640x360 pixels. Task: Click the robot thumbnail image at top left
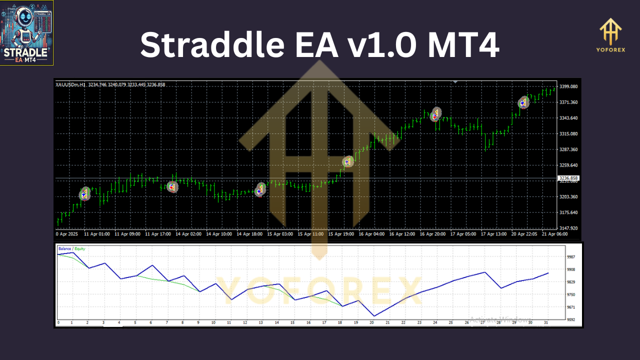point(26,33)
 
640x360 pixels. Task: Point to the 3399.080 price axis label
point(568,86)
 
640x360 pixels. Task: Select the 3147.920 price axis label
point(568,228)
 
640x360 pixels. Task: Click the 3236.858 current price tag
point(568,178)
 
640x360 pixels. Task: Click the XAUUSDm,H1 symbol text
point(70,84)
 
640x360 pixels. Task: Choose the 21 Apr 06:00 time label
point(555,234)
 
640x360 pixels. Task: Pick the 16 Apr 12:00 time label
point(402,234)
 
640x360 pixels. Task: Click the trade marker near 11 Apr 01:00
point(85,194)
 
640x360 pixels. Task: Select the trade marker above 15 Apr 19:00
point(348,161)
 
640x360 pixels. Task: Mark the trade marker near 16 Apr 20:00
point(436,114)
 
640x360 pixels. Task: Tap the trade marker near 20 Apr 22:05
point(523,102)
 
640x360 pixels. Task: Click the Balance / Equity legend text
point(71,248)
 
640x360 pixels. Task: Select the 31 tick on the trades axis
point(545,323)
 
